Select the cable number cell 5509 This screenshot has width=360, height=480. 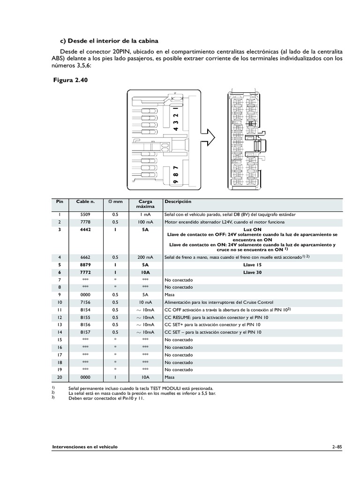click(85, 214)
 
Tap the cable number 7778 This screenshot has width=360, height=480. click(85, 222)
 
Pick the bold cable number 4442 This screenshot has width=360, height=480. click(85, 230)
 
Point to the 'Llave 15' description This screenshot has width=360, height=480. click(252, 265)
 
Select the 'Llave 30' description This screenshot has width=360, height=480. click(252, 272)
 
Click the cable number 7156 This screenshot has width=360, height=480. click(85, 302)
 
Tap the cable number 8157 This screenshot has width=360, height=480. click(85, 332)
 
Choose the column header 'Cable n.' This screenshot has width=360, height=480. click(85, 202)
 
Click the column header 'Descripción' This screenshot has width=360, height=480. click(178, 202)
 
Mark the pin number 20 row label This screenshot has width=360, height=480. click(60, 377)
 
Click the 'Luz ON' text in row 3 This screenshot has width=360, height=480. click(252, 230)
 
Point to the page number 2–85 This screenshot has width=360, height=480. click(337, 447)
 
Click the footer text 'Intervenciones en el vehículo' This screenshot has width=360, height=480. click(85, 447)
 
